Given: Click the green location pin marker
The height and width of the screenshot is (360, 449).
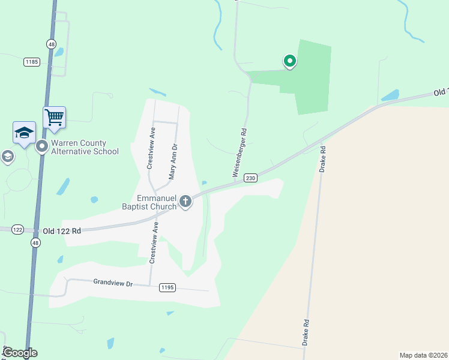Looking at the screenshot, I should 289,61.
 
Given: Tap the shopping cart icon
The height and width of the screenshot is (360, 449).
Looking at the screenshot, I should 54,117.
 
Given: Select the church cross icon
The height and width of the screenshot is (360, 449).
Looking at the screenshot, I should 185,201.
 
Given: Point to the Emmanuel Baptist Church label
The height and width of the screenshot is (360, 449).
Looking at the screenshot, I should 157,202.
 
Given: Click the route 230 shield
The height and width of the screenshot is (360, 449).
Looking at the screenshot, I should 251,178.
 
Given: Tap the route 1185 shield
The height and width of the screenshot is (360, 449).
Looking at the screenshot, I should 32,62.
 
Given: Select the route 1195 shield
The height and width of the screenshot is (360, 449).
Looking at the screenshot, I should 167,288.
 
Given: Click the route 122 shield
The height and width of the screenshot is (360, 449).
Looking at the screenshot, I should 17,229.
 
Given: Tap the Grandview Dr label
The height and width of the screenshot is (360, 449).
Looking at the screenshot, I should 113,282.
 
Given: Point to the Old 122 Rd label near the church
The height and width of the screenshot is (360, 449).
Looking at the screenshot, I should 61,230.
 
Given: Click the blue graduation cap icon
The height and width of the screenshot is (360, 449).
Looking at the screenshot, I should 24,133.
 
